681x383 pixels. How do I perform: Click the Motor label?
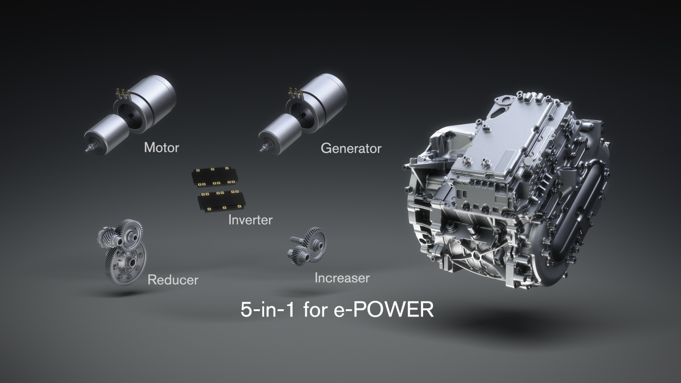(161, 148)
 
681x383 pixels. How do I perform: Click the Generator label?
(351, 148)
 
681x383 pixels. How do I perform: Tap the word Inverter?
(250, 220)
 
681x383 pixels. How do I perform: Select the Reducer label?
(173, 280)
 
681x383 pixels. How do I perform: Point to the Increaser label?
(342, 278)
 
